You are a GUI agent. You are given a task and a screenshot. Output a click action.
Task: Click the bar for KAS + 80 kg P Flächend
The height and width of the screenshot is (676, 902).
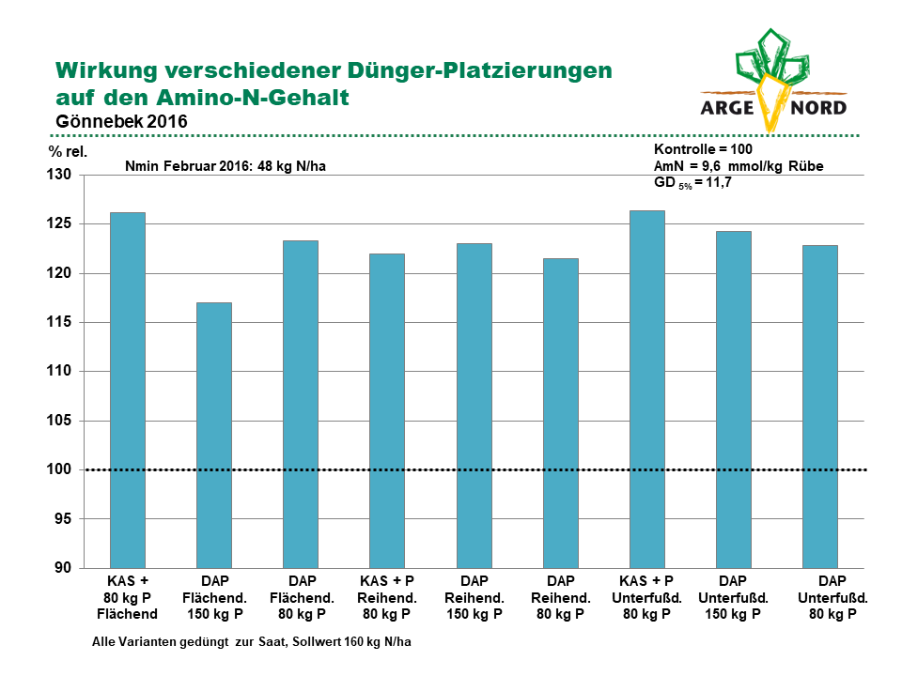pyautogui.click(x=127, y=391)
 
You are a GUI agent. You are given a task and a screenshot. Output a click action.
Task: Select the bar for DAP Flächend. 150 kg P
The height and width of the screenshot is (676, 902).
pyautogui.click(x=214, y=435)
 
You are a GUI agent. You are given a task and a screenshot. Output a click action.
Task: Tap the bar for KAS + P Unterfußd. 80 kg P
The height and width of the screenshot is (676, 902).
pyautogui.click(x=647, y=389)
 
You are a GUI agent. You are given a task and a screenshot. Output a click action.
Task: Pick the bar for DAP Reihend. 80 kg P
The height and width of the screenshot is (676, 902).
pyautogui.click(x=561, y=413)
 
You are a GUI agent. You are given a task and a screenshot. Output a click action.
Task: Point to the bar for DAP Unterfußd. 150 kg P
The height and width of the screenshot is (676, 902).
pyautogui.click(x=734, y=400)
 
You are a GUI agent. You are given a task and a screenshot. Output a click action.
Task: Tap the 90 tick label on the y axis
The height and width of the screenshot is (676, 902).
pyautogui.click(x=63, y=568)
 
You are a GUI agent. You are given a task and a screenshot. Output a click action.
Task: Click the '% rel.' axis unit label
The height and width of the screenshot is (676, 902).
pyautogui.click(x=68, y=152)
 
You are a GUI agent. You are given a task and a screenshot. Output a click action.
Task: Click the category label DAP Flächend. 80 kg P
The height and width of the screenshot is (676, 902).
pyautogui.click(x=302, y=597)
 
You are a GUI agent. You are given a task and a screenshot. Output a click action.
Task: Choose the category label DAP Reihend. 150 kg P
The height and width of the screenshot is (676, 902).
pyautogui.click(x=474, y=597)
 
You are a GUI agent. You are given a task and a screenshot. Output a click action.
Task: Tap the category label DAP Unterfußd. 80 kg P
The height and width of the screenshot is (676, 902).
pyautogui.click(x=832, y=597)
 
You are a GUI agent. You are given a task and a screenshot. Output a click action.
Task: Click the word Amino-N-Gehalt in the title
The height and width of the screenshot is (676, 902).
pyautogui.click(x=253, y=97)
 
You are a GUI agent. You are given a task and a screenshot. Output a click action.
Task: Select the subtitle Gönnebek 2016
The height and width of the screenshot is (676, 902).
pyautogui.click(x=121, y=121)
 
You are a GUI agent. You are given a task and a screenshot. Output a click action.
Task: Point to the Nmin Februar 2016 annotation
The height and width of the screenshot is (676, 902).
pyautogui.click(x=225, y=166)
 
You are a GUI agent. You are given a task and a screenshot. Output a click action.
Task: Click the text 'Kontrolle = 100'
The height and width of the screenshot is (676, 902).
pyautogui.click(x=703, y=149)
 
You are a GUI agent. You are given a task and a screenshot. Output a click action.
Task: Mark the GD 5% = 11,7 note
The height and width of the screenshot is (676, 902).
pyautogui.click(x=692, y=183)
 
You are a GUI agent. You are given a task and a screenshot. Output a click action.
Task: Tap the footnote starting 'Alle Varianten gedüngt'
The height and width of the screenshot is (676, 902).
pyautogui.click(x=252, y=641)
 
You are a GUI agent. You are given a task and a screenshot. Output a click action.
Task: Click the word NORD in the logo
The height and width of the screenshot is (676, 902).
pyautogui.click(x=818, y=107)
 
